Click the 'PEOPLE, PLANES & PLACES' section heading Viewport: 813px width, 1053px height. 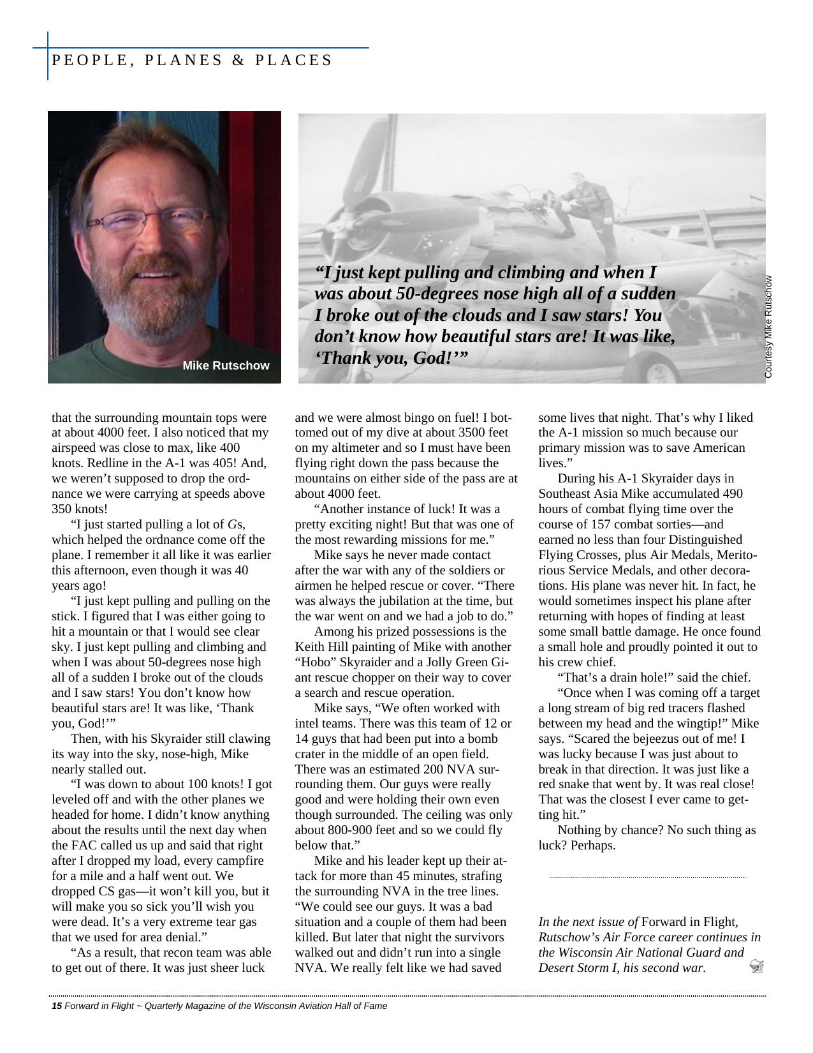(x=191, y=60)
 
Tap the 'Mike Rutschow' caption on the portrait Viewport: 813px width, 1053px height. (x=226, y=366)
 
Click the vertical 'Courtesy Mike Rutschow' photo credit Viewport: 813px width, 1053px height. (x=768, y=326)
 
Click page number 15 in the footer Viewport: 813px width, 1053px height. (x=56, y=1006)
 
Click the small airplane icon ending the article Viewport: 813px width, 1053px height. (x=757, y=966)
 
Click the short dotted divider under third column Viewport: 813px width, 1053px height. (x=647, y=877)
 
